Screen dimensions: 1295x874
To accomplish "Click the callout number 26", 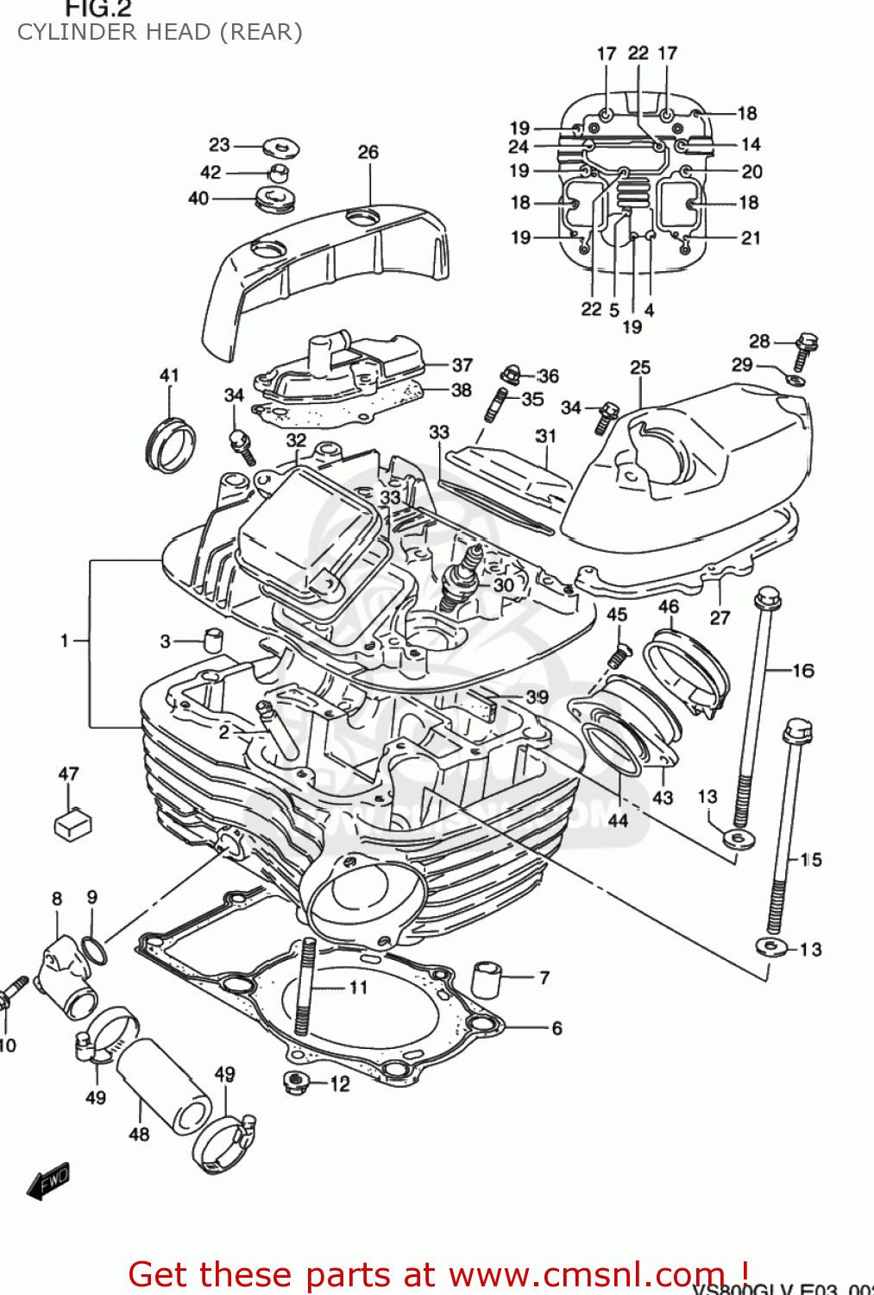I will tap(368, 152).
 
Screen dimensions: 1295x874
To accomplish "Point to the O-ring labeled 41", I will tap(170, 444).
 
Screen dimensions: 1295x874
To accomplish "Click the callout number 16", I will tap(802, 670).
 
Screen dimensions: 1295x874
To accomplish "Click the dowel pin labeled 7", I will tap(487, 978).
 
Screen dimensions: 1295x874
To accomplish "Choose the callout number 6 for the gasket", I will tap(556, 1027).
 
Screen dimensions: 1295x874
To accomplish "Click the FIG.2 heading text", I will tap(98, 9).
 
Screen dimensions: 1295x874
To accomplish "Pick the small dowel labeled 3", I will tap(213, 641).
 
